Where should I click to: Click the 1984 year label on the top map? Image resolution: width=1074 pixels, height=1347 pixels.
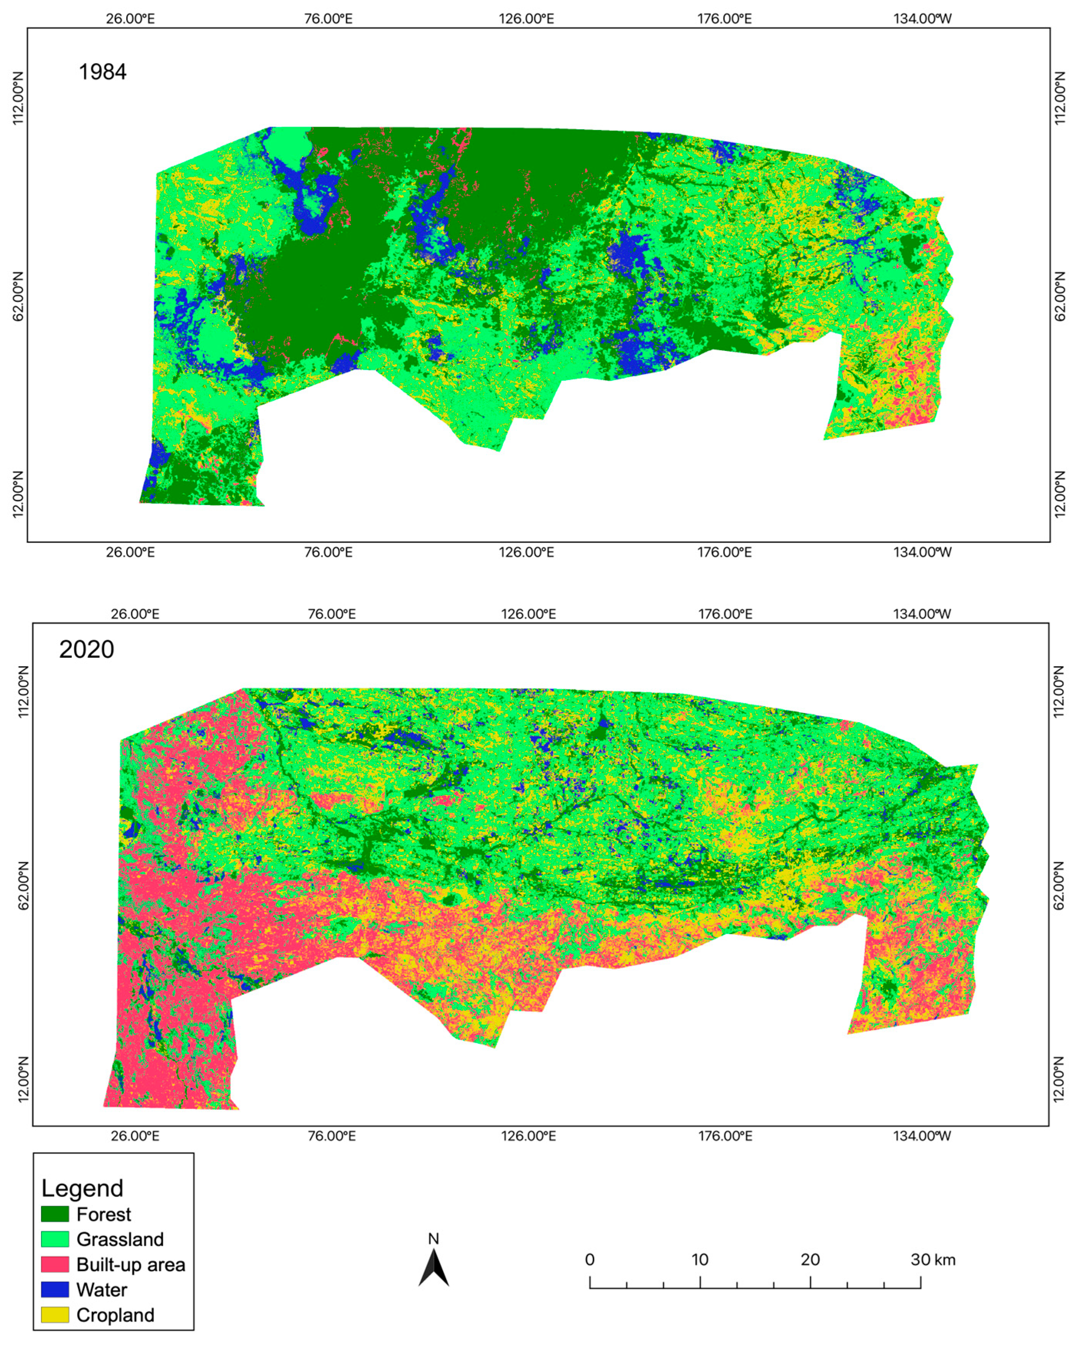click(x=102, y=72)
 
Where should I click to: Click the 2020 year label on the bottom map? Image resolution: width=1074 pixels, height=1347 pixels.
click(x=86, y=650)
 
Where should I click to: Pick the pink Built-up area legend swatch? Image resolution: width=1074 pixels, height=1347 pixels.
click(x=55, y=1265)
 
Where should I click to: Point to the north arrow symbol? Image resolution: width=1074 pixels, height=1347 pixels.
click(x=433, y=1268)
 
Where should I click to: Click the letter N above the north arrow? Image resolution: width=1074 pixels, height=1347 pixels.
click(x=433, y=1238)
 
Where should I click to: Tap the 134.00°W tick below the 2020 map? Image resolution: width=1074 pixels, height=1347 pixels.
click(x=922, y=1135)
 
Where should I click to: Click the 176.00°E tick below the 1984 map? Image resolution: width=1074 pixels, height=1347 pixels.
click(x=725, y=552)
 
